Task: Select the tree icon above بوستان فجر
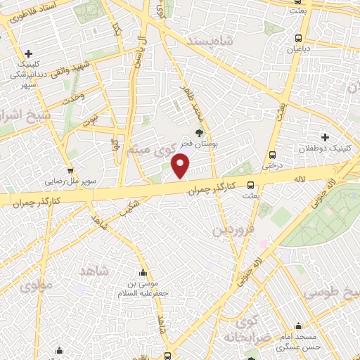pyautogui.click(x=200, y=132)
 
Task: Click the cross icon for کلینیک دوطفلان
pyautogui.click(x=325, y=136)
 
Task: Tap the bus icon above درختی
pyautogui.click(x=271, y=155)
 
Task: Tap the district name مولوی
pyautogui.click(x=35, y=285)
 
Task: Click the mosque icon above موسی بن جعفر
pyautogui.click(x=143, y=274)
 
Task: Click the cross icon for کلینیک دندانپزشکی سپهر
pyautogui.click(x=28, y=53)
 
